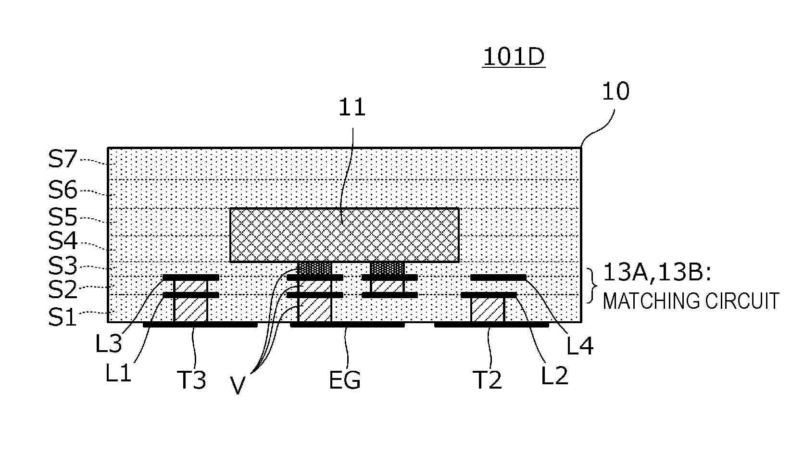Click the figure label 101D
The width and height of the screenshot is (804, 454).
(514, 57)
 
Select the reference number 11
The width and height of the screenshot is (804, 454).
(352, 107)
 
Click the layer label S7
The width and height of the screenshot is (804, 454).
(63, 159)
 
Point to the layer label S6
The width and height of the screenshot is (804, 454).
(63, 190)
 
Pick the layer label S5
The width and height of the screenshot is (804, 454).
(63, 217)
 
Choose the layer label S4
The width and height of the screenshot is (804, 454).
(63, 241)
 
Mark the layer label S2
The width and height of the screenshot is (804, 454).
(63, 290)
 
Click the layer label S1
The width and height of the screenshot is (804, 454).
(63, 317)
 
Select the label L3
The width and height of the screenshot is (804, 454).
(109, 344)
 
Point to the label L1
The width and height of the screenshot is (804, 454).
(118, 374)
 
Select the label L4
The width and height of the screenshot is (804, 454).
(579, 345)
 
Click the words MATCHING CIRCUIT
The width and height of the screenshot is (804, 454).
(691, 302)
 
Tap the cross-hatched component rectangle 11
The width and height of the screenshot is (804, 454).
(344, 235)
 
